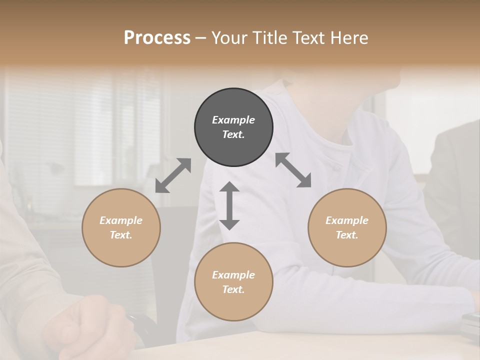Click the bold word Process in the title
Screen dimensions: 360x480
(157, 38)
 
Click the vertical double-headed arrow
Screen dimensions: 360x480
(229, 205)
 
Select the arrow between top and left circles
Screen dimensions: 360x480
(173, 175)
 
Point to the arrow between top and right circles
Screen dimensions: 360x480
(293, 170)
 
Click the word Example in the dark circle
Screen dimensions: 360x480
(233, 120)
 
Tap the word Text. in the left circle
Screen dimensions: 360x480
(121, 235)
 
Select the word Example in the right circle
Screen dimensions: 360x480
(347, 220)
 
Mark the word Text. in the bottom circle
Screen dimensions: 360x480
(233, 289)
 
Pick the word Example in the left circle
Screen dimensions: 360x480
(121, 220)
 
